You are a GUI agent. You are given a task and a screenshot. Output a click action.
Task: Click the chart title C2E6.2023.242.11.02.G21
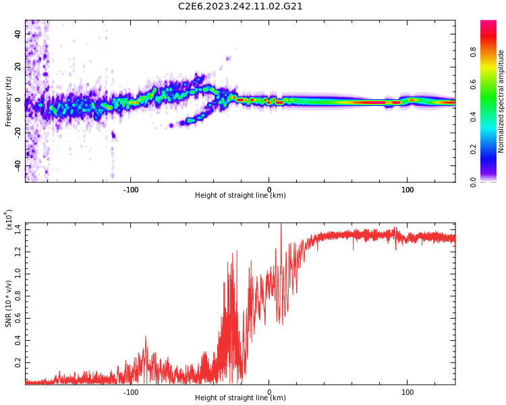[x=240, y=7]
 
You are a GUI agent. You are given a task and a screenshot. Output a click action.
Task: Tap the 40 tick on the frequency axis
[x=18, y=34]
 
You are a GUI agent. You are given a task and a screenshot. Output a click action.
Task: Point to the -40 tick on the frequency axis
[x=16, y=165]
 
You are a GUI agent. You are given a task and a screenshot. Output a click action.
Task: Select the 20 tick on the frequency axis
[x=18, y=67]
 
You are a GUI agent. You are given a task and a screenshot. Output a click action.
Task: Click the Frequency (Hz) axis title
[x=9, y=101]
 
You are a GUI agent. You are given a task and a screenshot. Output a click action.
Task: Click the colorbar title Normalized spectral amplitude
[x=501, y=101]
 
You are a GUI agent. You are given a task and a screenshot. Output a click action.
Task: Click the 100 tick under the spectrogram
[x=407, y=190]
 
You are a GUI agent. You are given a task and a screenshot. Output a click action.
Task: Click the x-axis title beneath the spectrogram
[x=240, y=196]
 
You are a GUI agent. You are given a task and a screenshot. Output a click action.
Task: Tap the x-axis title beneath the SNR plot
[x=240, y=398]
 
